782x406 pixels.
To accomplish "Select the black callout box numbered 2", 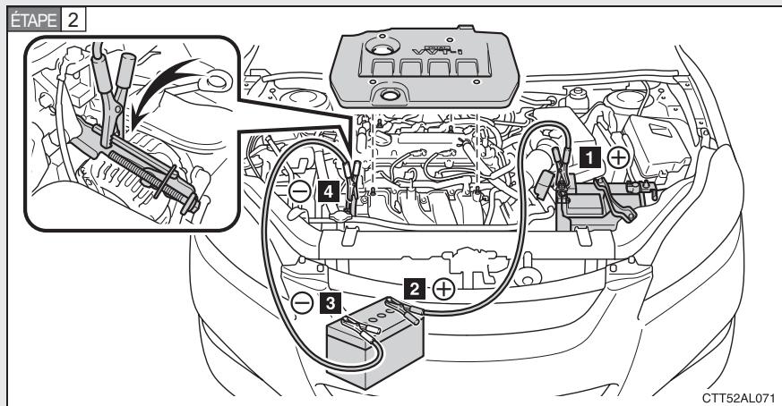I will coord(413,287).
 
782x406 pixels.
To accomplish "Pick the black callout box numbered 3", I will coord(331,303).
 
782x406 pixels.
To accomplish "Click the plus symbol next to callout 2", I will coord(443,288).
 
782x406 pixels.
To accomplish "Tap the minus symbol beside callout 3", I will coord(302,302).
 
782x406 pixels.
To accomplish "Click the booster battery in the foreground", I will coord(368,344).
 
